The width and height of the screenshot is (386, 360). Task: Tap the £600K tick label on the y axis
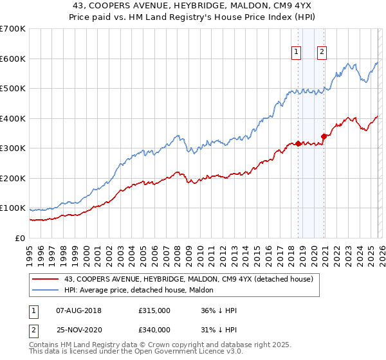pyautogui.click(x=12, y=59)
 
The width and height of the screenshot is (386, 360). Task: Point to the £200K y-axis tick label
pyautogui.click(x=12, y=178)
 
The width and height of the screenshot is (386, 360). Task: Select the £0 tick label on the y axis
pyautogui.click(x=19, y=238)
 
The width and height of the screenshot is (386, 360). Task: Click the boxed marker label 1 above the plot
pyautogui.click(x=297, y=53)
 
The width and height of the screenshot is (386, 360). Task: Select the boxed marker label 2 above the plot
pyautogui.click(x=322, y=53)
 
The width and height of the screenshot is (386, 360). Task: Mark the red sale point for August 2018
pyautogui.click(x=298, y=143)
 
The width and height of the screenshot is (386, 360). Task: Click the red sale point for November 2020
pyautogui.click(x=324, y=136)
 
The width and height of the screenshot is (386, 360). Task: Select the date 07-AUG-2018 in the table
pyautogui.click(x=78, y=310)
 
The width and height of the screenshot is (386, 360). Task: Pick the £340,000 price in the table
pyautogui.click(x=154, y=330)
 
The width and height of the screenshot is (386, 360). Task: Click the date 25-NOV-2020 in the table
pyautogui.click(x=78, y=330)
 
